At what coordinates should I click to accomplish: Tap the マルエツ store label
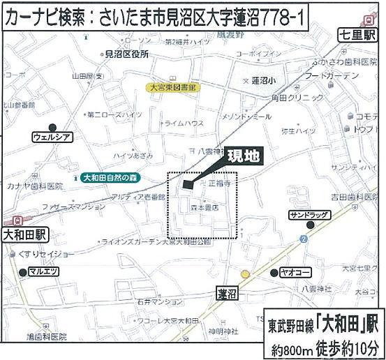click(x=44, y=271)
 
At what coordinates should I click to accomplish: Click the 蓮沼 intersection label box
click(x=225, y=293)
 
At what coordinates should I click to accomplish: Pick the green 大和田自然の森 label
click(x=110, y=178)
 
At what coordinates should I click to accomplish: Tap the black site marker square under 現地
click(x=186, y=184)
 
